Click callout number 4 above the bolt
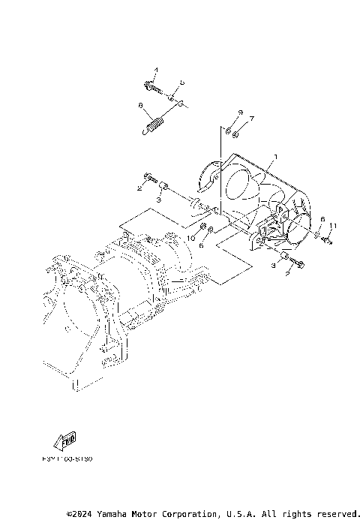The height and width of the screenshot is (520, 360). pos(156,71)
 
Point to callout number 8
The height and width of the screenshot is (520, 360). pos(140,107)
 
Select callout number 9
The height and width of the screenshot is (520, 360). pos(239,112)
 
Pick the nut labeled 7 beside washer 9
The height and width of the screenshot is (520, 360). pos(236,135)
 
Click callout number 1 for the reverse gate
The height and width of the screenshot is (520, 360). pos(275,157)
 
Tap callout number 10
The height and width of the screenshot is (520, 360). pos(191,238)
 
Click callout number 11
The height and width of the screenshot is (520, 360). pos(333,226)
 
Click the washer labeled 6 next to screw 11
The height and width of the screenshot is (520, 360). pos(318,235)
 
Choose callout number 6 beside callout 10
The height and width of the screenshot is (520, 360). pos(200,243)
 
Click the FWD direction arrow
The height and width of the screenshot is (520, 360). pos(67,438)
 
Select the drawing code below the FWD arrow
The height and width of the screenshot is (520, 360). pos(73,457)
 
